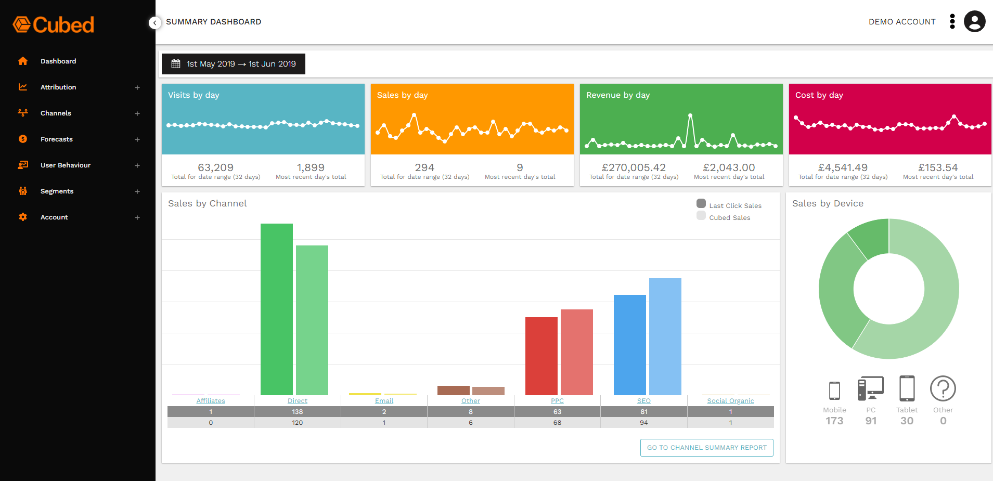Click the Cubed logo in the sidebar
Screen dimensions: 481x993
[x=54, y=24]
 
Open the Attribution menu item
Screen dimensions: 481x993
[x=58, y=87]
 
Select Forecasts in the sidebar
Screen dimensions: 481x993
[x=57, y=139]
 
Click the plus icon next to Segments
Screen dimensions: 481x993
[x=137, y=191]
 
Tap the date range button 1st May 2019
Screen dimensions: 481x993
[x=234, y=64]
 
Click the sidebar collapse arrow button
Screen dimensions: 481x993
[x=154, y=23]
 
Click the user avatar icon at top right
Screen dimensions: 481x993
[x=974, y=22]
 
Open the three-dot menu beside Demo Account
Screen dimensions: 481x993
[x=952, y=22]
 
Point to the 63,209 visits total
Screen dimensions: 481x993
[x=215, y=167]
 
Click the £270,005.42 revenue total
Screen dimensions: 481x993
[x=634, y=167]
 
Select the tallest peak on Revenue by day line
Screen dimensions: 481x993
[x=690, y=115]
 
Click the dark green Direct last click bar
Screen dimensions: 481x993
[x=276, y=309]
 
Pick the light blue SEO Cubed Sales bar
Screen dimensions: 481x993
[x=665, y=336]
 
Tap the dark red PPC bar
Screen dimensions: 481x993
[x=541, y=356]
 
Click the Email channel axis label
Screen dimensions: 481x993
[x=384, y=401]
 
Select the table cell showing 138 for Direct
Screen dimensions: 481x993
[x=297, y=412]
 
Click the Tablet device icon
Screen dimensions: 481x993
[x=907, y=388]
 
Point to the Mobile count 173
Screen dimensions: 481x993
[x=834, y=421]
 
